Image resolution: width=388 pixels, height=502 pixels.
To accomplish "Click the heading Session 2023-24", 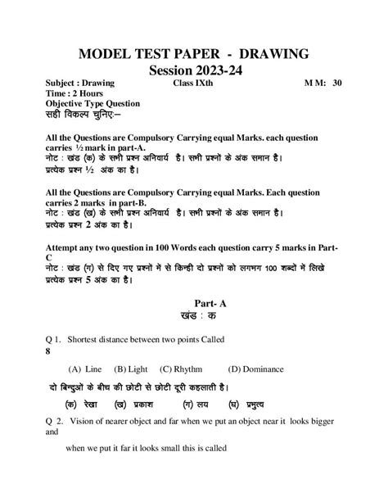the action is click(x=194, y=73).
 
